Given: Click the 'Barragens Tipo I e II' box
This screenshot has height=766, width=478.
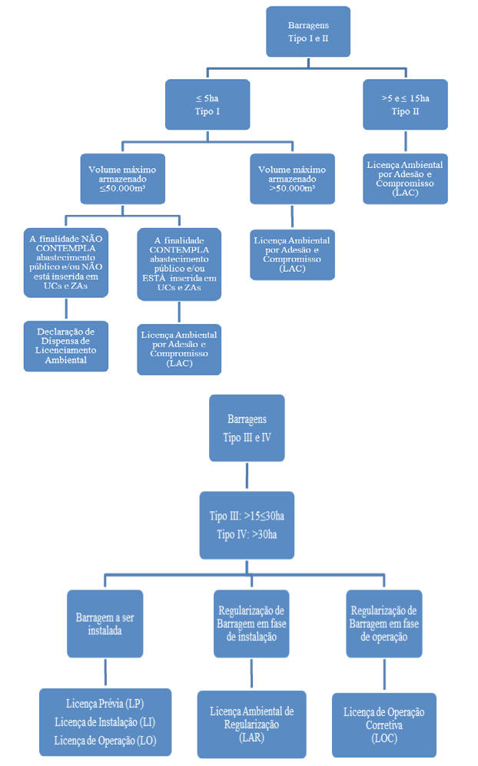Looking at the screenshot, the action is pyautogui.click(x=308, y=31).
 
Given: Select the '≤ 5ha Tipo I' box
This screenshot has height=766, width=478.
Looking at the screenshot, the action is pyautogui.click(x=207, y=104).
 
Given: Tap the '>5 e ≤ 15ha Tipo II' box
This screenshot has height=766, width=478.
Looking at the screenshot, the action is pyautogui.click(x=405, y=104).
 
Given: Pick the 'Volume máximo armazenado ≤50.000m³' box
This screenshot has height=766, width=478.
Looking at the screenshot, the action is pyautogui.click(x=122, y=179).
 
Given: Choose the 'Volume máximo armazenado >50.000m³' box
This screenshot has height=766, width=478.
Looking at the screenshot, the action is pyautogui.click(x=292, y=179).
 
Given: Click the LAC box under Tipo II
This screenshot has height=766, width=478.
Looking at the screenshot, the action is pyautogui.click(x=405, y=179).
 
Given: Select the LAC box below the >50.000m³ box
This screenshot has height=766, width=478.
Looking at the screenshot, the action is pyautogui.click(x=292, y=255).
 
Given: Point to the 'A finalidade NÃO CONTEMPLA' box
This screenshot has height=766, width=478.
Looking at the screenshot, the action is pyautogui.click(x=65, y=262).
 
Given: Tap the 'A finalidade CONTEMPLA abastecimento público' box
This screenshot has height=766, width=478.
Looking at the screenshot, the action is pyautogui.click(x=179, y=264).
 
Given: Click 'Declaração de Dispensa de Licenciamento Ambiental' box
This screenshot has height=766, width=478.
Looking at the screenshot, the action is pyautogui.click(x=65, y=346).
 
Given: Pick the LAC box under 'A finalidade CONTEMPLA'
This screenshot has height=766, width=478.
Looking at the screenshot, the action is pyautogui.click(x=179, y=349).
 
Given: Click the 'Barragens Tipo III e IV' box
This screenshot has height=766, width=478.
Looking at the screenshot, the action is pyautogui.click(x=247, y=428).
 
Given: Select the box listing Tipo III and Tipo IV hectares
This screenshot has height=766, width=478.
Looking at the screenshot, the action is pyautogui.click(x=247, y=525).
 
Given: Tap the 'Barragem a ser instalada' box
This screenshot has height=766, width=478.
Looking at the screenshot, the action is pyautogui.click(x=105, y=623).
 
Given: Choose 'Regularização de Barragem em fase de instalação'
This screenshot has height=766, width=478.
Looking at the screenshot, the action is pyautogui.click(x=251, y=623).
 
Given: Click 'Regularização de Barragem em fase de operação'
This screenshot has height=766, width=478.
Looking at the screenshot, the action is pyautogui.click(x=384, y=623).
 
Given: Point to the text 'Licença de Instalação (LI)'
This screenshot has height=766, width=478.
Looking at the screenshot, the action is pyautogui.click(x=105, y=722).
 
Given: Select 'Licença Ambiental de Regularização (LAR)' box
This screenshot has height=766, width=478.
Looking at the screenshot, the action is pyautogui.click(x=251, y=724).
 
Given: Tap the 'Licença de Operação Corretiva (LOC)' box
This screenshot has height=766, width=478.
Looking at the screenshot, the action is pyautogui.click(x=384, y=725).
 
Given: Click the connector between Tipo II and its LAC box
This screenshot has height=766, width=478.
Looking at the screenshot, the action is pyautogui.click(x=405, y=142).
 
